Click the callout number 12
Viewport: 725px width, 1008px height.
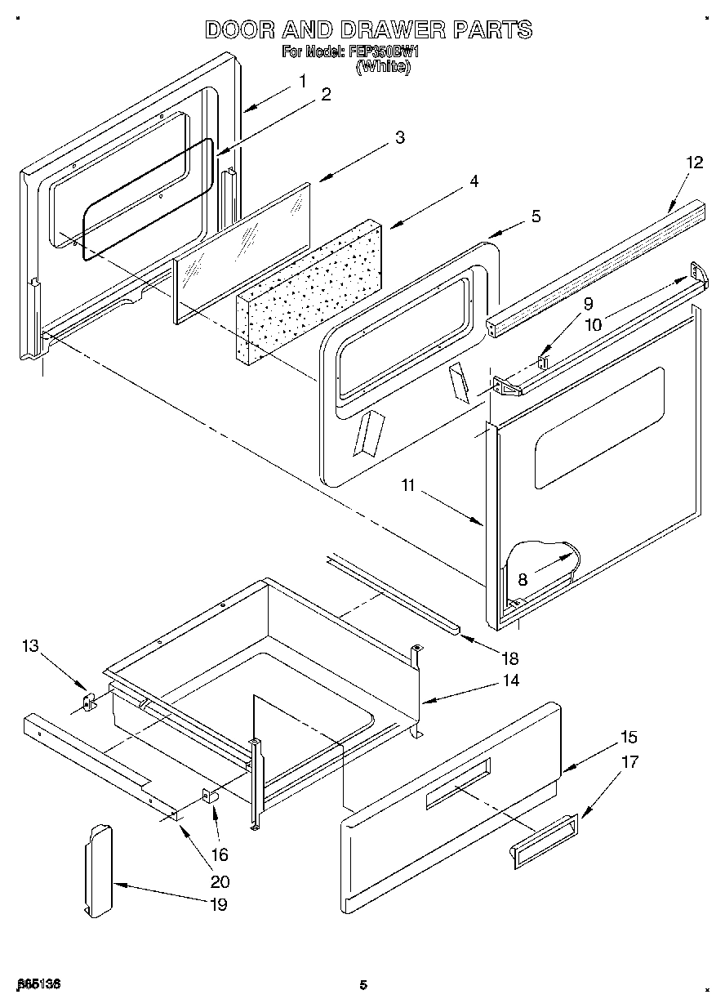click(693, 163)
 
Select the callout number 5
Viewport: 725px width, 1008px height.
click(535, 216)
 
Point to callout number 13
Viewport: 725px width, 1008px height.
click(30, 646)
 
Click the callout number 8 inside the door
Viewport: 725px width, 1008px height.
click(523, 579)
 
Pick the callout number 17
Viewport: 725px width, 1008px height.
click(630, 761)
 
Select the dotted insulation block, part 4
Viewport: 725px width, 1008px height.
click(310, 290)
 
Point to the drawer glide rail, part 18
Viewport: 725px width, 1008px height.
click(392, 594)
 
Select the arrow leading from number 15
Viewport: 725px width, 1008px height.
click(587, 756)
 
